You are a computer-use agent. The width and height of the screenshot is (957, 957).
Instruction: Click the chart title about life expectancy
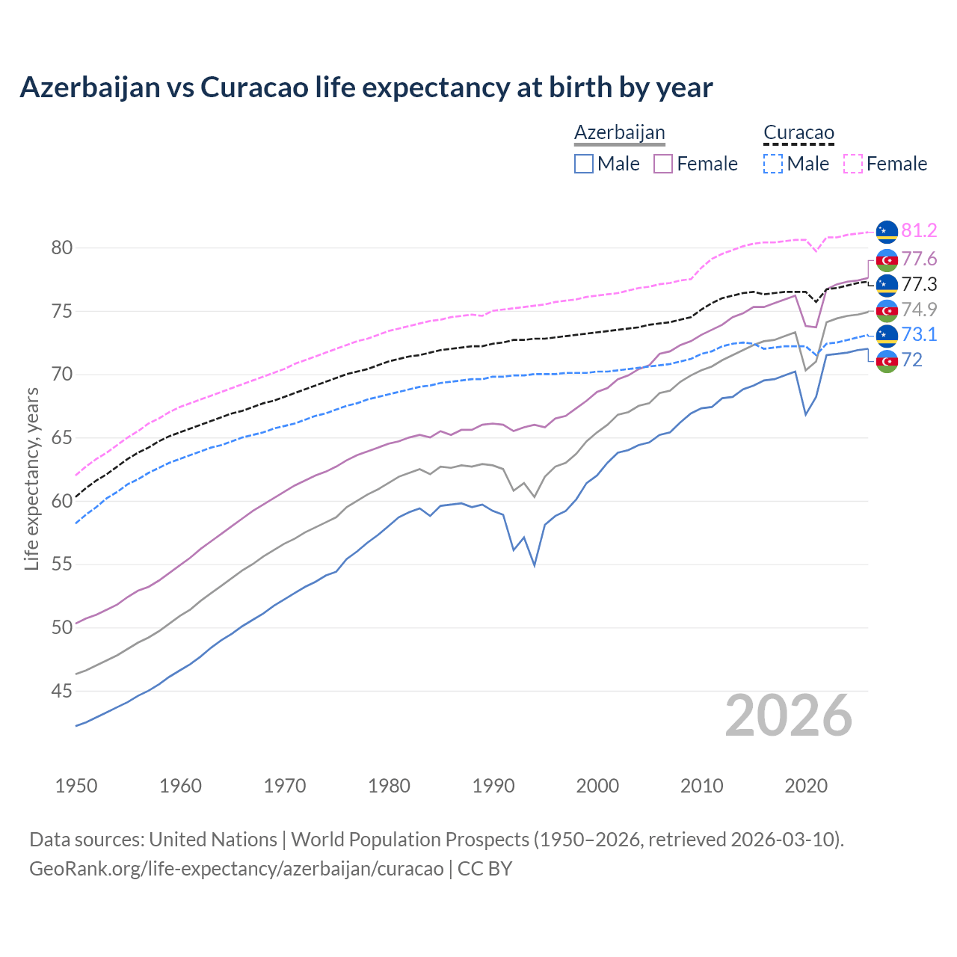pos(366,87)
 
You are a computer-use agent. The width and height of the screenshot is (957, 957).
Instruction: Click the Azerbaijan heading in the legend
pos(619,132)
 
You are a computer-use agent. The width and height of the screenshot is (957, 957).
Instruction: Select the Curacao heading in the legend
pos(798,132)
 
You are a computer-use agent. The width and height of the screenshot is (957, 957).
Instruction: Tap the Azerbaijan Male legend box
pos(584,164)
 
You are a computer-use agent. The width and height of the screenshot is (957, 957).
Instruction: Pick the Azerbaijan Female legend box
pos(663,164)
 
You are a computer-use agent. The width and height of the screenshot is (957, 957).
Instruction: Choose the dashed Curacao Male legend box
pos(773,164)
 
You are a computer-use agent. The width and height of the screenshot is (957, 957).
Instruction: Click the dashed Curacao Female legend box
pos(852,164)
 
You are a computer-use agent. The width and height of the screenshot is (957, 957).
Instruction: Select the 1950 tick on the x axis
pos(76,786)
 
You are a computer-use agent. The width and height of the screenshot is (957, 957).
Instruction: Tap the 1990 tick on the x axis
pos(493,786)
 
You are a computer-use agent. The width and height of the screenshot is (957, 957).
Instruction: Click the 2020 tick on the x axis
pos(806,786)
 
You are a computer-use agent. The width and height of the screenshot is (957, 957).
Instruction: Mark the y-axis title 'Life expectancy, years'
pos(32,478)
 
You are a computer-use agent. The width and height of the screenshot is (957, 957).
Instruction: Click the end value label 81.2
pos(919,231)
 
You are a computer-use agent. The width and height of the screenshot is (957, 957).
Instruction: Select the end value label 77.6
pos(919,259)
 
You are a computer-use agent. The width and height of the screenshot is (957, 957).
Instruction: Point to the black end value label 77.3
pos(919,284)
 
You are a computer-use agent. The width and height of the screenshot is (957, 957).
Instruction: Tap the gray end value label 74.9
pos(919,310)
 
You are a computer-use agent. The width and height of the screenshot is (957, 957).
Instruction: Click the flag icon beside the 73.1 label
pos(887,334)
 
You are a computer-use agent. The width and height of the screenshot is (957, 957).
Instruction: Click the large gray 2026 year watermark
pos(788,716)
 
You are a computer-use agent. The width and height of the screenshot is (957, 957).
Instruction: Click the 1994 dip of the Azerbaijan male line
pos(535,564)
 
